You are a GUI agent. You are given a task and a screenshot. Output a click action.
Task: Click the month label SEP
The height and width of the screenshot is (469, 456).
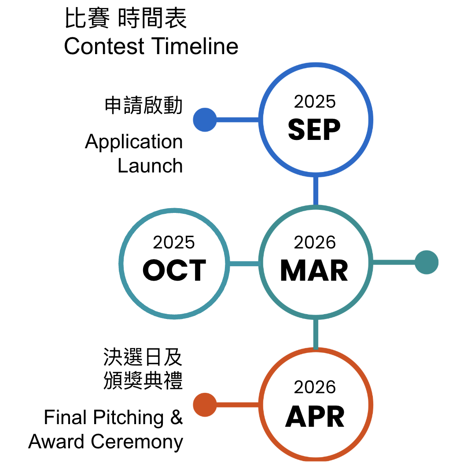pos(314,129)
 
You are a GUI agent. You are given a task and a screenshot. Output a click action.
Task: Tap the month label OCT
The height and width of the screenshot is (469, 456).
pos(174,271)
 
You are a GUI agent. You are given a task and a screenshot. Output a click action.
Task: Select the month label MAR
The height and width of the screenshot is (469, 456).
pos(314,271)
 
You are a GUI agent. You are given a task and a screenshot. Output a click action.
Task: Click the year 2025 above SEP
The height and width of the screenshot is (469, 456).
pos(315,102)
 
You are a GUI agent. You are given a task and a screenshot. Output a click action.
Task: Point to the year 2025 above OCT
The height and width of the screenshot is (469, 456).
pos(174,242)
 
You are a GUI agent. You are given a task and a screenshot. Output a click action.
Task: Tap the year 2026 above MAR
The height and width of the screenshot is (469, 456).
pos(315,242)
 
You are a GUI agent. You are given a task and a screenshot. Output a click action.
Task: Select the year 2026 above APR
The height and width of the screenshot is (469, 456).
pos(315,387)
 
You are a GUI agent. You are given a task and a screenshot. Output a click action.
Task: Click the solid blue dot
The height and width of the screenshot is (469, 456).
pos(205,120)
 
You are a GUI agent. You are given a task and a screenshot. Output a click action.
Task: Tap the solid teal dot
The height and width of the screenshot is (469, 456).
pos(427,262)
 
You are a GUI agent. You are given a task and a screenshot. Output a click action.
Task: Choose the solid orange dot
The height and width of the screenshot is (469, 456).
pos(205,405)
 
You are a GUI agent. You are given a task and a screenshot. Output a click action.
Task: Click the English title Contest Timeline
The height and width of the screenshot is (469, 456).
pos(151,47)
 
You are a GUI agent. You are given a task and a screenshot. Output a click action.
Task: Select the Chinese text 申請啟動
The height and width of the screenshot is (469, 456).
pos(143,106)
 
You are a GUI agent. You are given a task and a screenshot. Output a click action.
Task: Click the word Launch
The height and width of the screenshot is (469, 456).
pos(150,166)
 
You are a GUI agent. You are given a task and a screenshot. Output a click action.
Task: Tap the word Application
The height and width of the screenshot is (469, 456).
pos(134,142)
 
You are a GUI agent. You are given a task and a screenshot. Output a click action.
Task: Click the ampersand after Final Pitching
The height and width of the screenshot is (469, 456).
pos(176,417)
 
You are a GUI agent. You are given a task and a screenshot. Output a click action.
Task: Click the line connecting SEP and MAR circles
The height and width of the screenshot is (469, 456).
pos(315,191)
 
